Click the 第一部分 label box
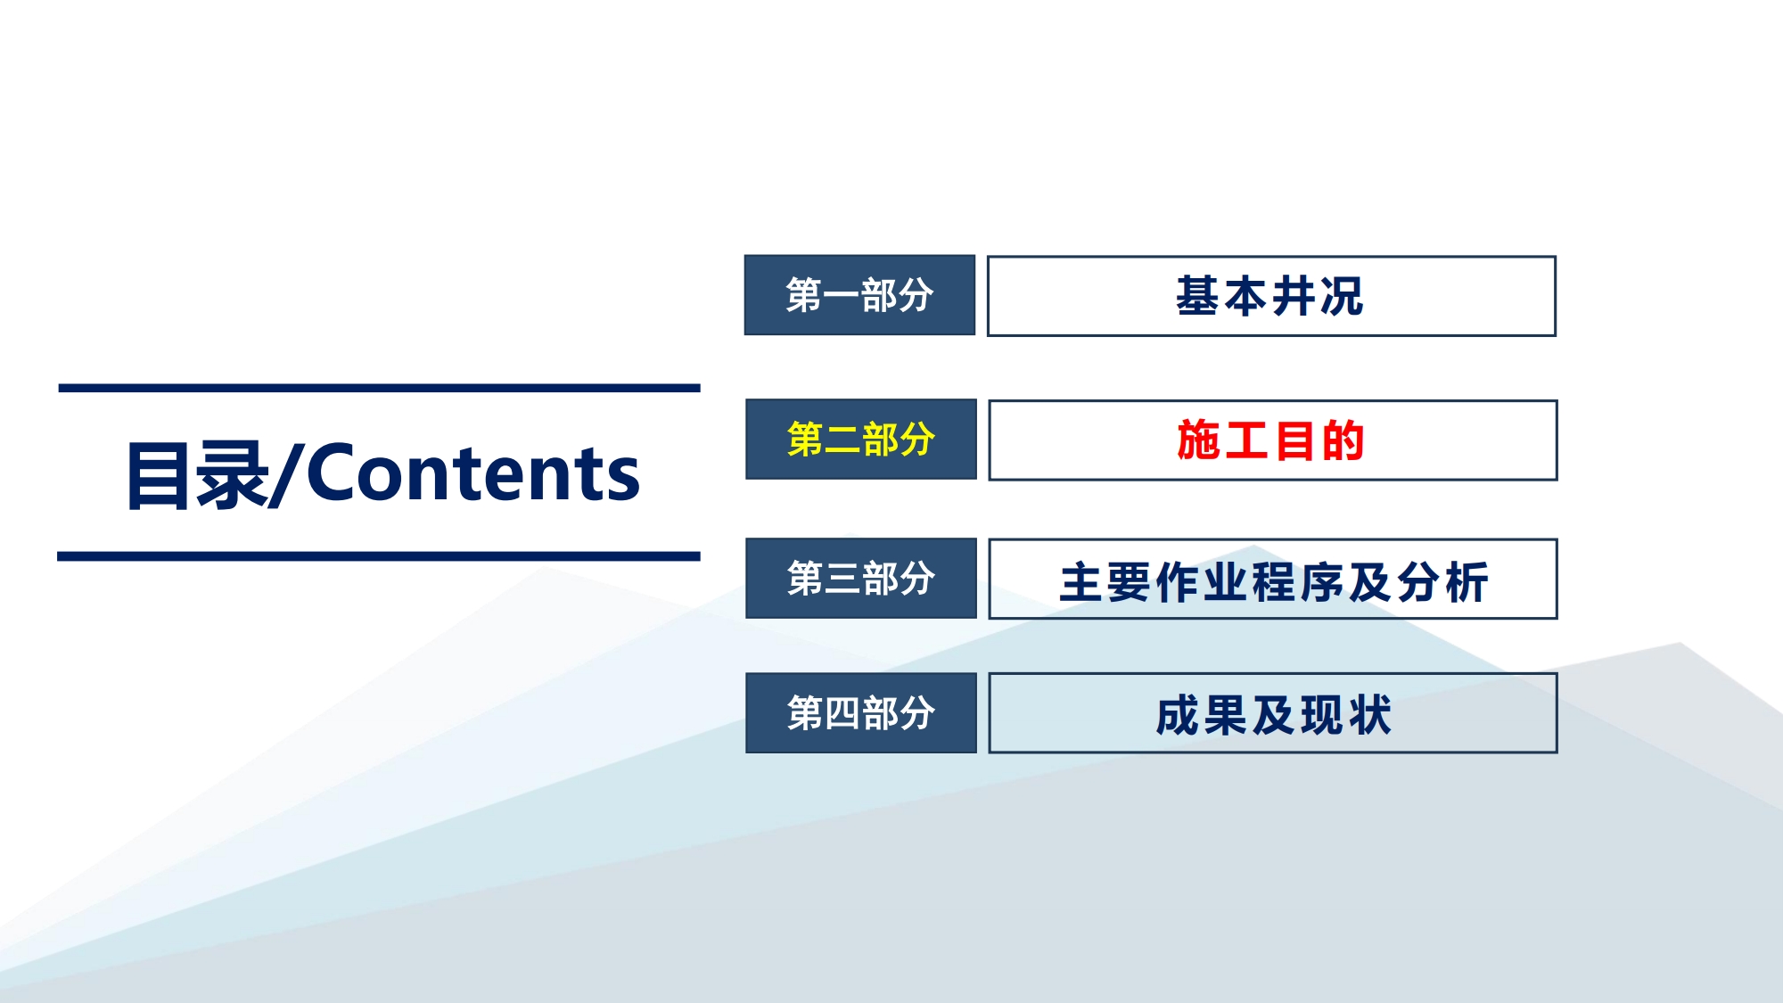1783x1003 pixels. [859, 295]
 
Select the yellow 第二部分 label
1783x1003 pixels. [860, 439]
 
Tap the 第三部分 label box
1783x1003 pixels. [860, 578]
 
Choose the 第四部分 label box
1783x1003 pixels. [860, 712]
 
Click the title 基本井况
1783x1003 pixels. [1269, 296]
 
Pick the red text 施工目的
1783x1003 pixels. [1270, 440]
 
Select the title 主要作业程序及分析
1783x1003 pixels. [1274, 582]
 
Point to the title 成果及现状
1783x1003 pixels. [1273, 715]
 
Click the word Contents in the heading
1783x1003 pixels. [472, 473]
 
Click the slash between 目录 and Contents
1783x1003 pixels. [286, 475]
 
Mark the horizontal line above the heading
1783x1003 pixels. [379, 388]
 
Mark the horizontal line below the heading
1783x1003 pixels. [379, 556]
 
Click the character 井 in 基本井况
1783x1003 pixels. [1294, 296]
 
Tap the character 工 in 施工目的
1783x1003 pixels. [1246, 440]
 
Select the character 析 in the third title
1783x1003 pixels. [1467, 582]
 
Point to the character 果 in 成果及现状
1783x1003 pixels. [1225, 715]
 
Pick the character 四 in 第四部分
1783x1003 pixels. [842, 713]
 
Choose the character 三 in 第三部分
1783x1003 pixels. [842, 579]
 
